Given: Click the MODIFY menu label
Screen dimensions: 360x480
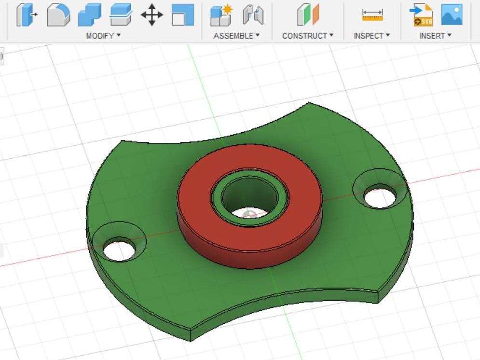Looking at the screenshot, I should [103, 36].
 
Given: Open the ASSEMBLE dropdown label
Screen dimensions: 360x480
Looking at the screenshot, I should [236, 36].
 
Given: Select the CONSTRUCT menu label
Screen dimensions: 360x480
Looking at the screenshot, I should [307, 36].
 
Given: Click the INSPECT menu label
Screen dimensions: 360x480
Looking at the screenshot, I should [371, 36].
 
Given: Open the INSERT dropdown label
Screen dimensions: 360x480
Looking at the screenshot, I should [435, 36].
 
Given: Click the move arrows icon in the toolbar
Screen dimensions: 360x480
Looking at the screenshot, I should [151, 14].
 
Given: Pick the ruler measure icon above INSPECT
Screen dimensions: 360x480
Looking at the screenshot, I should [372, 15].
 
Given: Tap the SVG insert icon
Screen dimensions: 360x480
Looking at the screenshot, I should [421, 15].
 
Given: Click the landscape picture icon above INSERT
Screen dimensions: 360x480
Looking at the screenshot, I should [452, 14].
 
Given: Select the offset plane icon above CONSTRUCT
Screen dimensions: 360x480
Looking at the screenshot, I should [308, 14].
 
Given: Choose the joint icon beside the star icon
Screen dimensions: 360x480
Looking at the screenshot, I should [253, 15].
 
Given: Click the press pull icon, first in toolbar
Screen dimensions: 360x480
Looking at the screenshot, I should [27, 14].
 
